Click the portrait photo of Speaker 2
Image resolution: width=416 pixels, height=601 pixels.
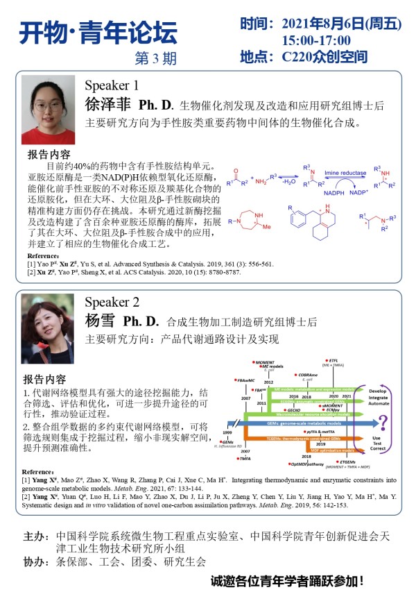click(47, 325)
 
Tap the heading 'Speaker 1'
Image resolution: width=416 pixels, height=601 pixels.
click(112, 86)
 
